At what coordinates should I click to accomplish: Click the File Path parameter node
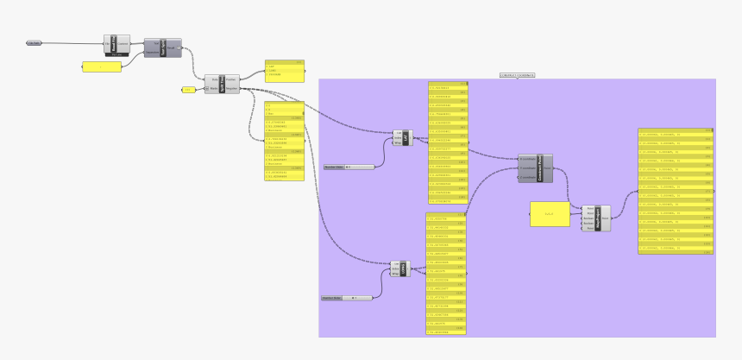pos(34,42)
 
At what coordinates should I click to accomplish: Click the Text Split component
pos(168,47)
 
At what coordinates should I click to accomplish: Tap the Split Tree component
pos(222,84)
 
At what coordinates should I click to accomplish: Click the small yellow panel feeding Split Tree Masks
pos(188,89)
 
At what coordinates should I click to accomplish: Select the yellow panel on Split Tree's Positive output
pos(285,71)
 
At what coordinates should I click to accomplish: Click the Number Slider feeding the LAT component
pos(349,167)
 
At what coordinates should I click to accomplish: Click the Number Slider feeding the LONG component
pos(346,298)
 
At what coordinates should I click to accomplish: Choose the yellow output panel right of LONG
pos(447,273)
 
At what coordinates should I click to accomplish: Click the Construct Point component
pos(535,167)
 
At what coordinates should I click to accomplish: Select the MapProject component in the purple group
pos(596,217)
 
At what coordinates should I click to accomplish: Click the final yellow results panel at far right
pos(676,191)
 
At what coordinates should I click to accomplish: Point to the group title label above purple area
pos(517,76)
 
